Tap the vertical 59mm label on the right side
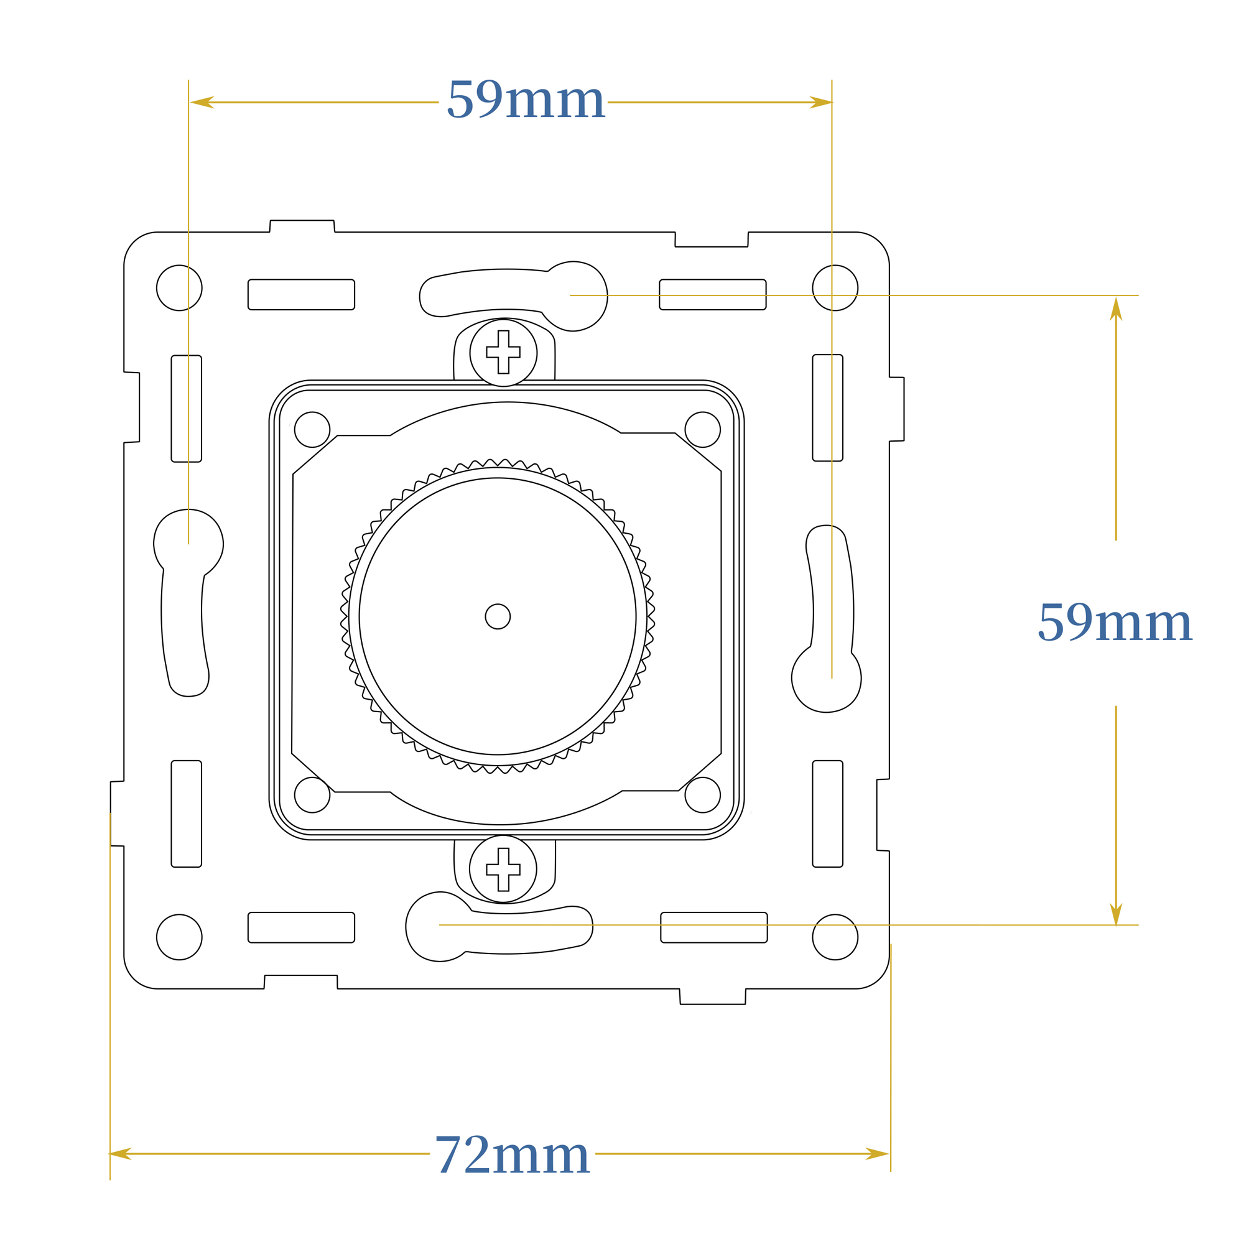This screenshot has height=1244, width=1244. pyautogui.click(x=1115, y=622)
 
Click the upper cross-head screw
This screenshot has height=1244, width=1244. pyautogui.click(x=504, y=353)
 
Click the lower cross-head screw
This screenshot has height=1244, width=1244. pyautogui.click(x=503, y=868)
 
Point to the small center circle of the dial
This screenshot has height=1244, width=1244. pyautogui.click(x=498, y=616)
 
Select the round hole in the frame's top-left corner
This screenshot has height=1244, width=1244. pyautogui.click(x=179, y=288)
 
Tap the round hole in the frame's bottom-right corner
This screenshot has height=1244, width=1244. pyautogui.click(x=835, y=937)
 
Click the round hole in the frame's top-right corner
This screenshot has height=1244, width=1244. pyautogui.click(x=835, y=288)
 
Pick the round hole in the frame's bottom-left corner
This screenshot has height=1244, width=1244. pyautogui.click(x=179, y=937)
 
